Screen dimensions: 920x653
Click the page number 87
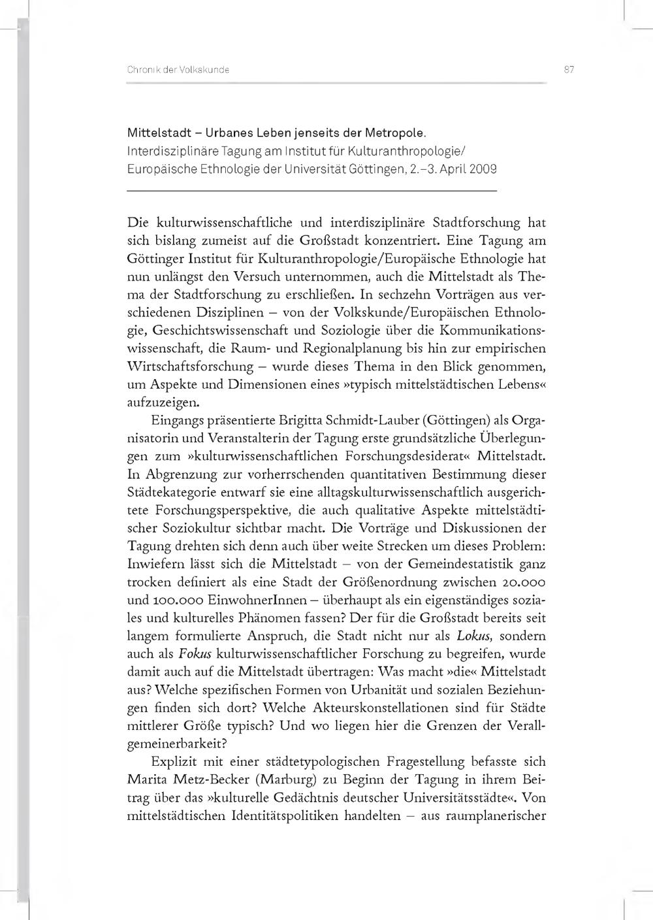click(x=568, y=69)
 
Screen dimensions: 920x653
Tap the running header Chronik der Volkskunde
click(x=178, y=69)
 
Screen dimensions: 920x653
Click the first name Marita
click(x=148, y=780)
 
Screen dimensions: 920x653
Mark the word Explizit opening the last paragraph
click(x=174, y=761)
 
